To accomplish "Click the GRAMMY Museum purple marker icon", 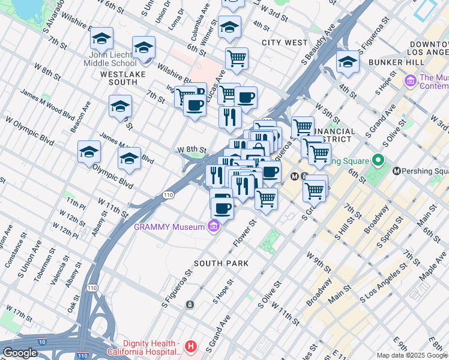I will coord(213,226).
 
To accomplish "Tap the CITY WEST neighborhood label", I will coord(285,43).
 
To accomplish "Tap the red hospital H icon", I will coord(191,346).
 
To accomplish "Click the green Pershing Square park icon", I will coord(378,161).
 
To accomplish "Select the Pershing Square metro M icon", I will coord(397,171).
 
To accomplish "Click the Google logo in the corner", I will coord(20,353).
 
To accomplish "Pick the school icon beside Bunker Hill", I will coord(348,62).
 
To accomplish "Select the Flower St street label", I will coord(244,232).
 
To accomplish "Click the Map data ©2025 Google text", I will coord(411,355).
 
